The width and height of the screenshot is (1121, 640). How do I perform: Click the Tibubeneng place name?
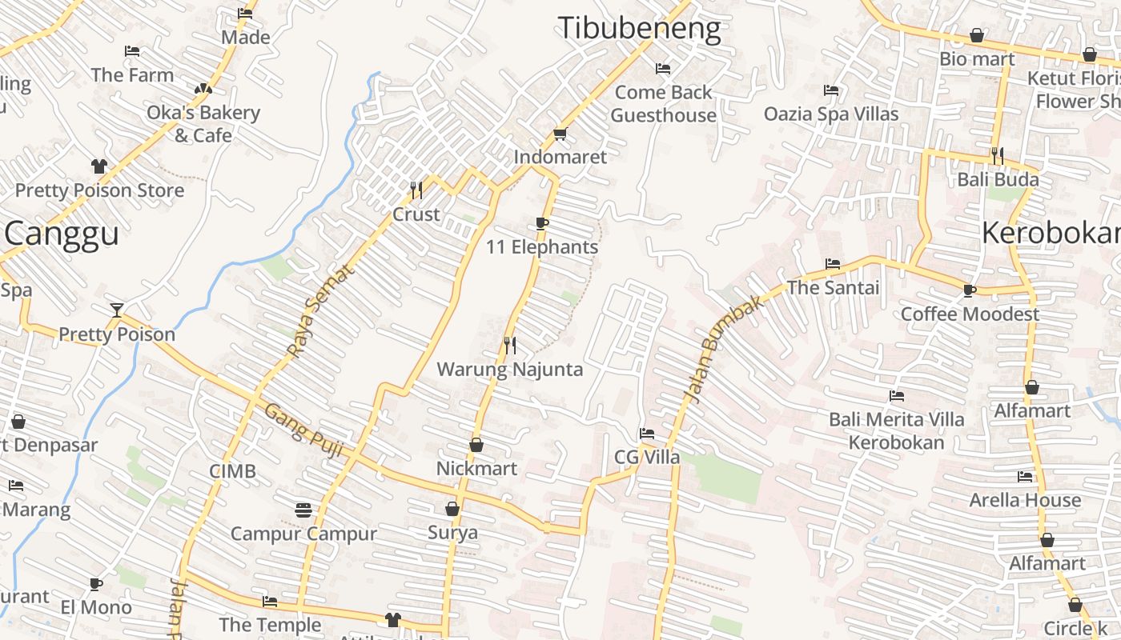pos(639,29)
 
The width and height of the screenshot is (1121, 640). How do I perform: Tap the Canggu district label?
pos(62,234)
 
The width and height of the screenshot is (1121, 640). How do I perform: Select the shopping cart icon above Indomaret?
pos(560,134)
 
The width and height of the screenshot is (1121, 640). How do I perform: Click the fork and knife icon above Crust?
pos(416,190)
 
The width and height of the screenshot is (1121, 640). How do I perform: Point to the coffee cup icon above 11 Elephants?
pos(542,223)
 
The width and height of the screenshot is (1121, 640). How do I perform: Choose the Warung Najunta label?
pos(509,370)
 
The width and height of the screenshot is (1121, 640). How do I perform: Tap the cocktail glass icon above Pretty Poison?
pos(117,310)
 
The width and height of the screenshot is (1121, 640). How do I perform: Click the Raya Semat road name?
pos(319,312)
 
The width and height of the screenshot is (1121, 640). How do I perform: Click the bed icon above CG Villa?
pos(647,434)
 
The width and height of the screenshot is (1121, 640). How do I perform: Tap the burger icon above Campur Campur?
pos(303,509)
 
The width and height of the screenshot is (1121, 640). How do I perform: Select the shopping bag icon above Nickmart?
pos(476,445)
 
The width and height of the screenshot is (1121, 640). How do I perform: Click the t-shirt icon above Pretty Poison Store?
pos(99,166)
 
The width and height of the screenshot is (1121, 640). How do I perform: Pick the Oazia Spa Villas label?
pos(831,114)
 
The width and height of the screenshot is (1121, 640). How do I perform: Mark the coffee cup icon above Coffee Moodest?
pos(970,290)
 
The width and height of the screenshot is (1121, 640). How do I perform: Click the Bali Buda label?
pos(998,179)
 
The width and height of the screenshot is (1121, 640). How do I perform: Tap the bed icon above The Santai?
pos(833,263)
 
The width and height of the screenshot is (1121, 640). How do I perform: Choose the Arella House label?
pos(1025,500)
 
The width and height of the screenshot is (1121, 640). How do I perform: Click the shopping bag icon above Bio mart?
pos(976,35)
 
